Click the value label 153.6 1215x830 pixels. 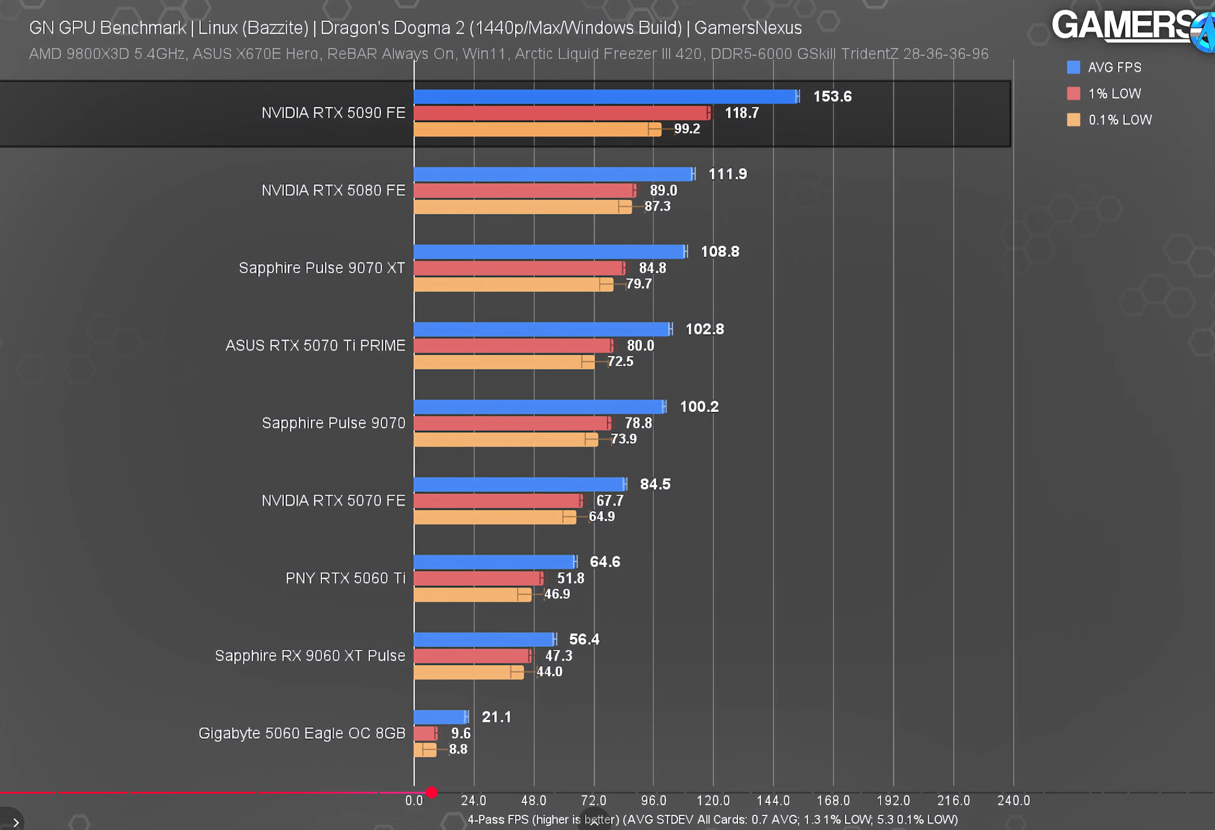pos(832,97)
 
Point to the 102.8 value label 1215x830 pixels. pos(705,329)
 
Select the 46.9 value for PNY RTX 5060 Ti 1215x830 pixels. pos(557,594)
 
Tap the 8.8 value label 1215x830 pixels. pos(458,749)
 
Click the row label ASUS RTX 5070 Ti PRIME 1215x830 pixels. pos(315,346)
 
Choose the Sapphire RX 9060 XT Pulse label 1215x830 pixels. pos(310,656)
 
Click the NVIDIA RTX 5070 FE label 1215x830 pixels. pos(334,501)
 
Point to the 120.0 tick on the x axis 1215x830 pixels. pos(713,801)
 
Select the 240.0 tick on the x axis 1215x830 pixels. pos(1013,801)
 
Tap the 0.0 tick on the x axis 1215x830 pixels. pos(414,801)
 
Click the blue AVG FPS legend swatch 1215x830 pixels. pos(1073,67)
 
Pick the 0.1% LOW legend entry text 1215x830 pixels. pos(1120,120)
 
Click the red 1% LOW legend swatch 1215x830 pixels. pos(1073,94)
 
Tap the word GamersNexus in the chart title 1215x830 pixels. pos(748,28)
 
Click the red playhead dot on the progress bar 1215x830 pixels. pos(431,792)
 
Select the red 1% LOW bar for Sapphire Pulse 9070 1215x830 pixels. pos(512,424)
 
